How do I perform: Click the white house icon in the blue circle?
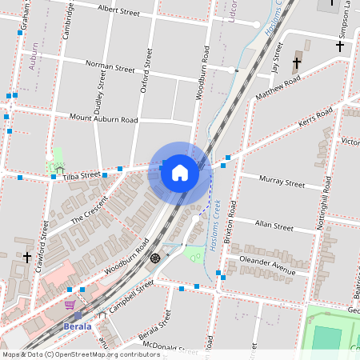pos(180,172)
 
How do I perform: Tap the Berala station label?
pos(78,326)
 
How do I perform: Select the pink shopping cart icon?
pos(70,305)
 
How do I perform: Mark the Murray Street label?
pos(284,183)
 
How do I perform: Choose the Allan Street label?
pos(274,226)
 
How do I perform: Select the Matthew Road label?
pos(278,90)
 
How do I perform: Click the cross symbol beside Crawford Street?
pos(27,257)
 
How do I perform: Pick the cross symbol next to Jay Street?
pos(297,62)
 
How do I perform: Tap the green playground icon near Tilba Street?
pos(58,168)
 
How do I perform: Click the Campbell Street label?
pos(131,295)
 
